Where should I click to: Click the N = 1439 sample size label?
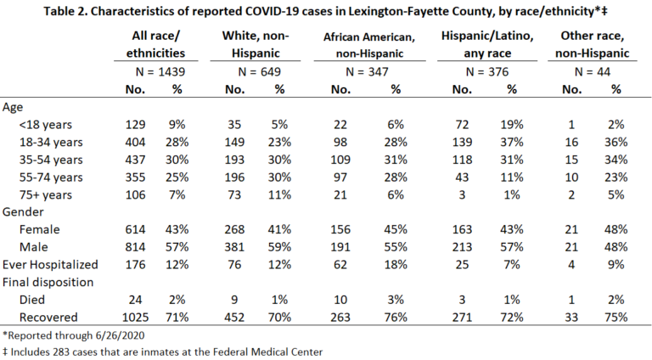(x=160, y=72)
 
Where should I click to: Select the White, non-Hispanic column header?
(x=256, y=44)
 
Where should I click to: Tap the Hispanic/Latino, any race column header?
(x=487, y=44)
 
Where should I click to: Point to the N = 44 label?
(x=592, y=72)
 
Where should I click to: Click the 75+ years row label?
(x=45, y=195)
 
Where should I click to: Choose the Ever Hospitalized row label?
(x=50, y=265)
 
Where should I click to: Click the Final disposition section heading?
(x=48, y=282)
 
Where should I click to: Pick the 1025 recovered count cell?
(x=135, y=318)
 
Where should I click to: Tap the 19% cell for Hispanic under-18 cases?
(x=511, y=125)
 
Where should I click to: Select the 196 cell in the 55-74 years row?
(x=234, y=177)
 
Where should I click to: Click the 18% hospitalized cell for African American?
(x=396, y=265)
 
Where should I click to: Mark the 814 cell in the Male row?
(x=135, y=247)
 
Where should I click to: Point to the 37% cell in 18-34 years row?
(x=511, y=142)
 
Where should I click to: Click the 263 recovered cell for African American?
(x=340, y=318)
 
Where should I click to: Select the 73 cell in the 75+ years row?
(x=234, y=195)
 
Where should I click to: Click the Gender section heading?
(x=23, y=212)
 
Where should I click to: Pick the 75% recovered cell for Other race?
(x=615, y=318)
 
